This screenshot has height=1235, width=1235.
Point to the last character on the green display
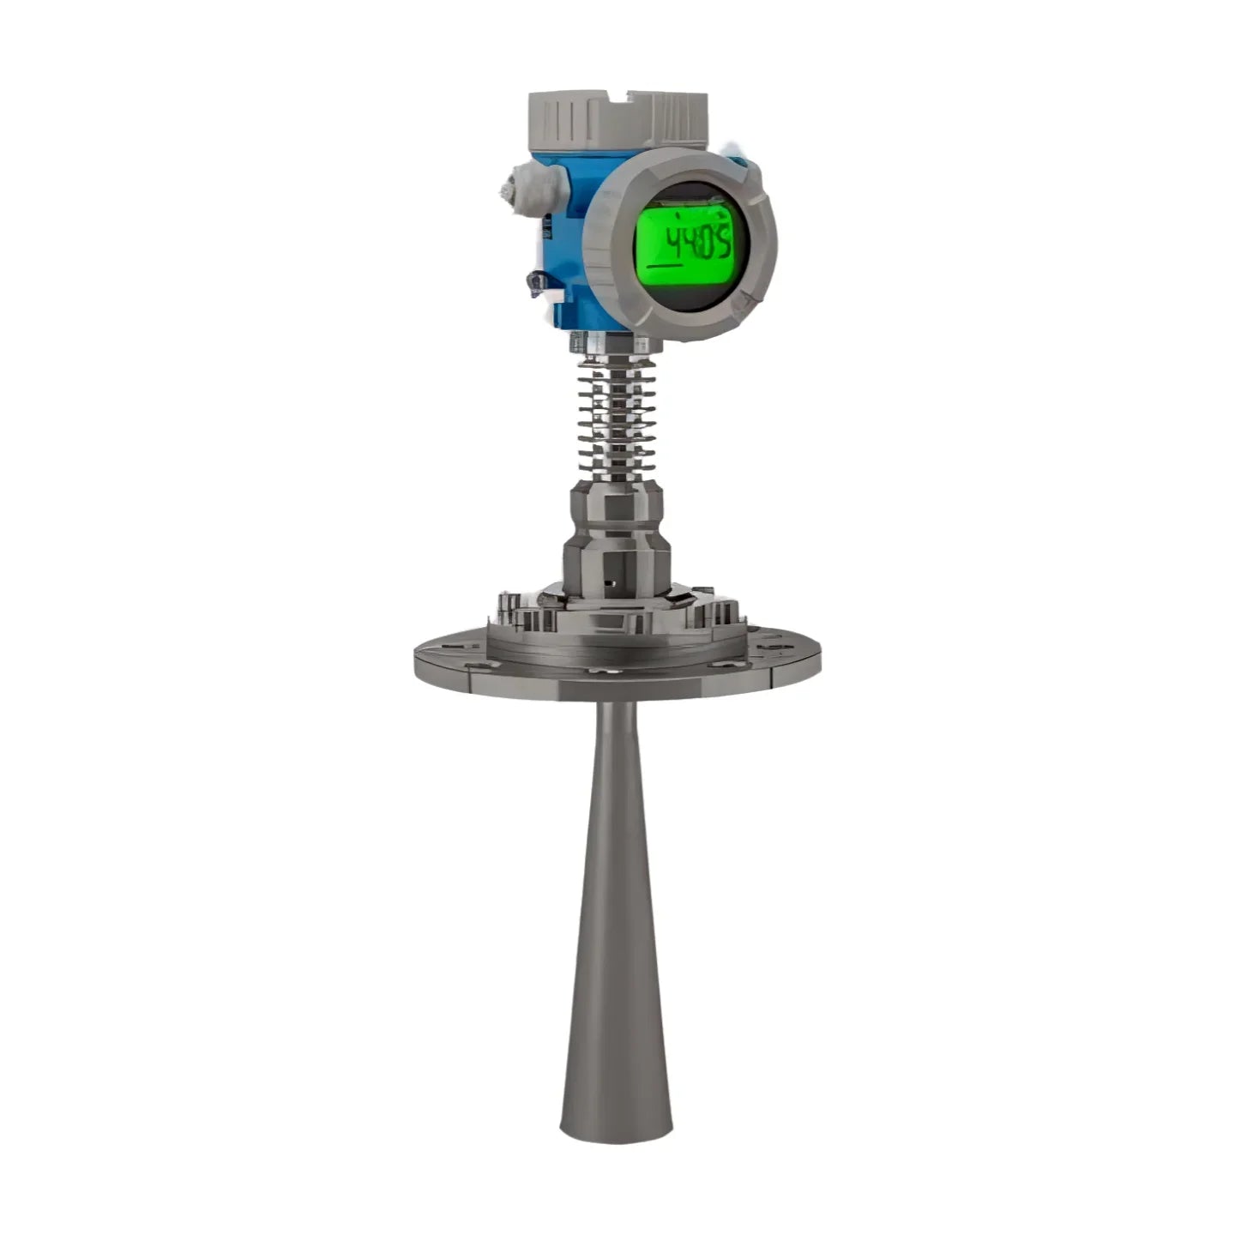722,245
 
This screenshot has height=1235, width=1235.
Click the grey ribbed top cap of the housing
617,119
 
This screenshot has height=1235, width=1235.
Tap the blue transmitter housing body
566,240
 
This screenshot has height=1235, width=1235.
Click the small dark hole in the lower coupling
610,582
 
